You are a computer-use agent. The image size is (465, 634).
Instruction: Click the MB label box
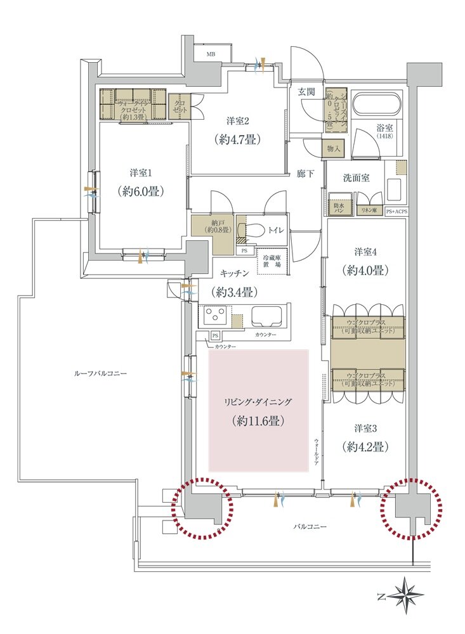(x=211, y=55)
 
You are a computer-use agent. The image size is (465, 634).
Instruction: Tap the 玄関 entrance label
(x=306, y=92)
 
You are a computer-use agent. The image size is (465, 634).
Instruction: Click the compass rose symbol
(x=406, y=595)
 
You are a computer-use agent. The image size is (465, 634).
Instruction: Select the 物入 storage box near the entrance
(x=334, y=149)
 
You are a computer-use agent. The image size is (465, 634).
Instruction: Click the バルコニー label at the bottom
(x=310, y=527)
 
